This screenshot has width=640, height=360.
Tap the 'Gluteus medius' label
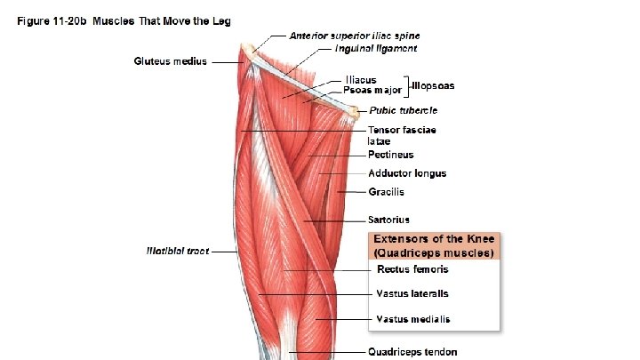(x=170, y=61)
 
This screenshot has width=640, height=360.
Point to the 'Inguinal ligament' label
(x=370, y=48)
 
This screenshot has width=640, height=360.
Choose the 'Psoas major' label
(x=372, y=90)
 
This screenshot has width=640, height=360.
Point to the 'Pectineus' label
(x=392, y=155)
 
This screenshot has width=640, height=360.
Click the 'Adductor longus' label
(x=407, y=173)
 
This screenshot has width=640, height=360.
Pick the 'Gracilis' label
(x=387, y=192)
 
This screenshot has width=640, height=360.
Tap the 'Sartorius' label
(x=389, y=220)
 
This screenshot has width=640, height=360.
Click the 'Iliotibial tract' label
(x=178, y=252)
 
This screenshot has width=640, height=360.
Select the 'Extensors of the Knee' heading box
(x=435, y=245)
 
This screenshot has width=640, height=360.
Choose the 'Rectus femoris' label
(x=412, y=269)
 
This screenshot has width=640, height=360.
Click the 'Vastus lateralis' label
(x=412, y=293)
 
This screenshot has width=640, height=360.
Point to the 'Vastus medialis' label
(x=413, y=319)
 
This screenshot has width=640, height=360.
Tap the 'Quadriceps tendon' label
(x=413, y=352)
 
